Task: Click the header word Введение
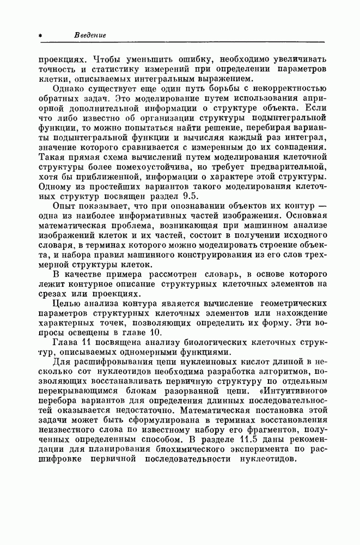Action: pyautogui.click(x=90, y=36)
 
